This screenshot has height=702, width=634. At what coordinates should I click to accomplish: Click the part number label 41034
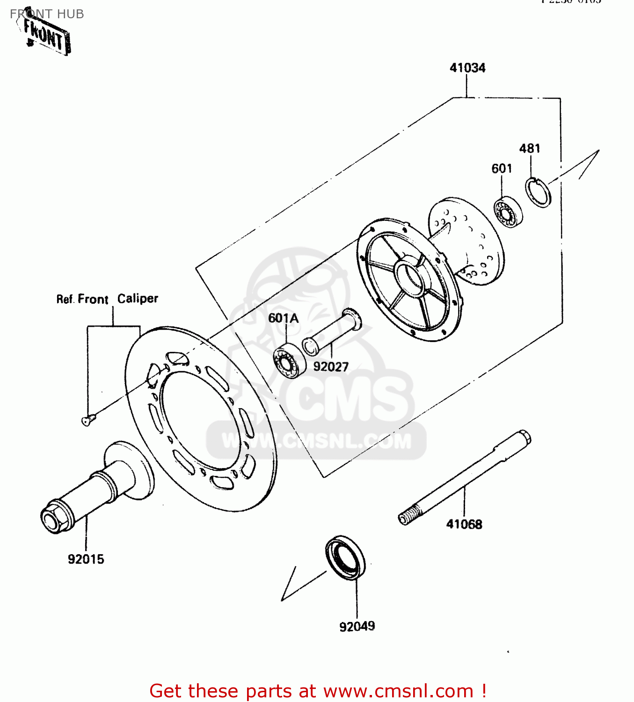pyautogui.click(x=467, y=68)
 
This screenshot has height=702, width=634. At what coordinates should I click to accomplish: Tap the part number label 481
pyautogui.click(x=530, y=148)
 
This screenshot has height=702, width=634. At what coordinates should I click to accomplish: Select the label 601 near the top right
pyautogui.click(x=502, y=168)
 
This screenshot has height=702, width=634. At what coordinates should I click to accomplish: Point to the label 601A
pyautogui.click(x=283, y=318)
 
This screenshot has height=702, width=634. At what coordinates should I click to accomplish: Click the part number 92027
pyautogui.click(x=331, y=367)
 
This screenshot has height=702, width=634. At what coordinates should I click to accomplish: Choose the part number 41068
pyautogui.click(x=464, y=524)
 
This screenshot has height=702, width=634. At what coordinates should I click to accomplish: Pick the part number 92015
pyautogui.click(x=86, y=559)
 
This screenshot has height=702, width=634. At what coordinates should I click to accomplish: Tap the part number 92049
pyautogui.click(x=357, y=626)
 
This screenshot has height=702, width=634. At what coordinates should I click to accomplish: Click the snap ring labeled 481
pyautogui.click(x=538, y=192)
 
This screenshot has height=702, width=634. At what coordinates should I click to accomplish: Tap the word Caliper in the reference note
pyautogui.click(x=138, y=299)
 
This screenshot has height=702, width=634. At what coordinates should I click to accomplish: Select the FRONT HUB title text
pyautogui.click(x=47, y=14)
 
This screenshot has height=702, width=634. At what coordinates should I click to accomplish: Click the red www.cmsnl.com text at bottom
pyautogui.click(x=398, y=691)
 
